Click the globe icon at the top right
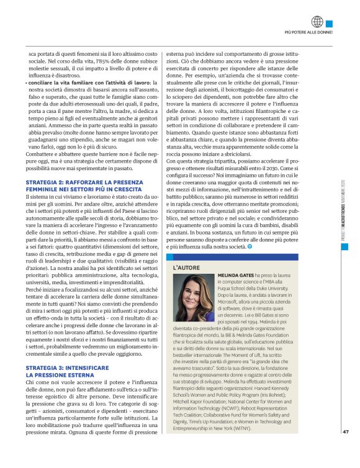click(x=318, y=21)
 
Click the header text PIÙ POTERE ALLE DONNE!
click(x=308, y=31)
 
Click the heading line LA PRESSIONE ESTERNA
click(x=61, y=359)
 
